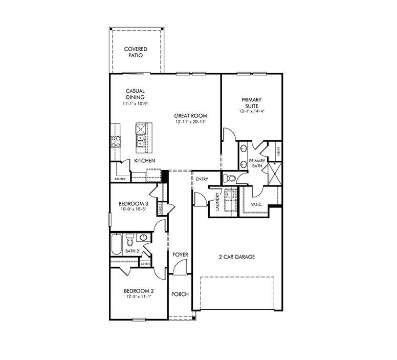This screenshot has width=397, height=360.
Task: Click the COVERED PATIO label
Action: pos(136,52)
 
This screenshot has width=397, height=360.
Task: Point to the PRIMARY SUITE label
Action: pos(251,103)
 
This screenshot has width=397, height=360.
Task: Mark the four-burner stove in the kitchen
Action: pos(116,141)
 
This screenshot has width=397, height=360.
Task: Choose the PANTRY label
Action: pos(120,179)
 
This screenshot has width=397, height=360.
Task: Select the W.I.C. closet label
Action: pos(256,205)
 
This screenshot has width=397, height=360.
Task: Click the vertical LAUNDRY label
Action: pos(218,201)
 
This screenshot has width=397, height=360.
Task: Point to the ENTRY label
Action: pos(202,179)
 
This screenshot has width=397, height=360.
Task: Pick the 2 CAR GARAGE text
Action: pos(237,257)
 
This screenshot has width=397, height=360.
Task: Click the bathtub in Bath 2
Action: pos(117,244)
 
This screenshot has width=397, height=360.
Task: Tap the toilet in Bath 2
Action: pos(130,240)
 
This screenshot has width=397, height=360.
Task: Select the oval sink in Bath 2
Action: pos(143,238)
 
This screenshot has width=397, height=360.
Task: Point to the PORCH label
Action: pos(180,294)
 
